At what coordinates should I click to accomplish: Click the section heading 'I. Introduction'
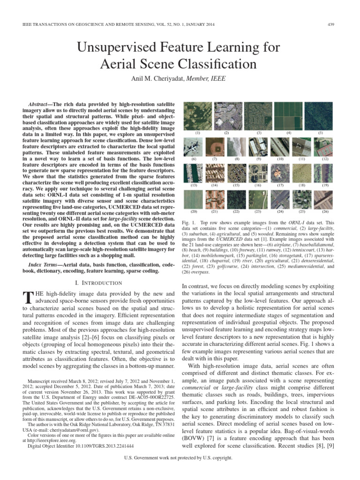tap(99, 283)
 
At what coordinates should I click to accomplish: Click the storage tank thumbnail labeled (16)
tap(258, 173)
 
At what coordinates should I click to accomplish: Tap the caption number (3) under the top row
tap(258, 133)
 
